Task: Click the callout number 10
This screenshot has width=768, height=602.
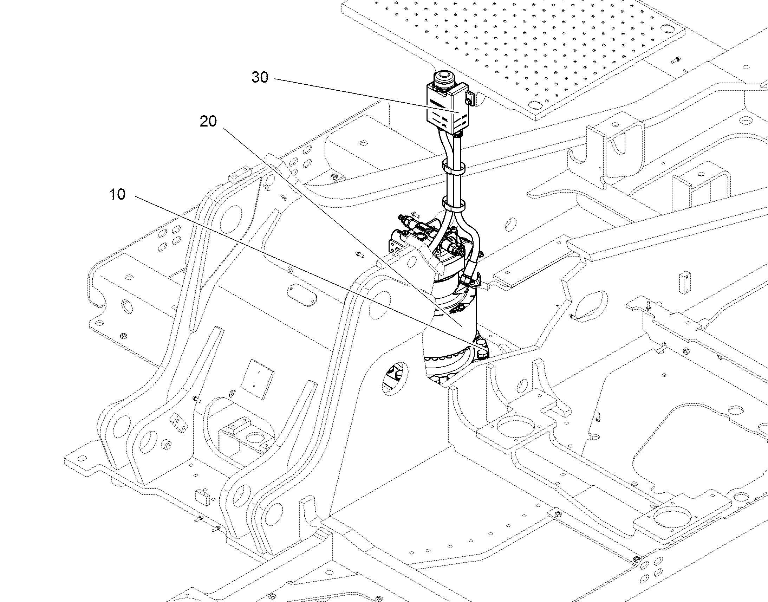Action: pyautogui.click(x=117, y=194)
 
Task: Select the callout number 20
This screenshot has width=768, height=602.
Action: pyautogui.click(x=208, y=122)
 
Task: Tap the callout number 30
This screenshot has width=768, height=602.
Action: pyautogui.click(x=260, y=78)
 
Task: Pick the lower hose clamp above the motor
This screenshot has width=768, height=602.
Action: pyautogui.click(x=454, y=205)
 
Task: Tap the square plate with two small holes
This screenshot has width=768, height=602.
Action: pyautogui.click(x=258, y=379)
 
